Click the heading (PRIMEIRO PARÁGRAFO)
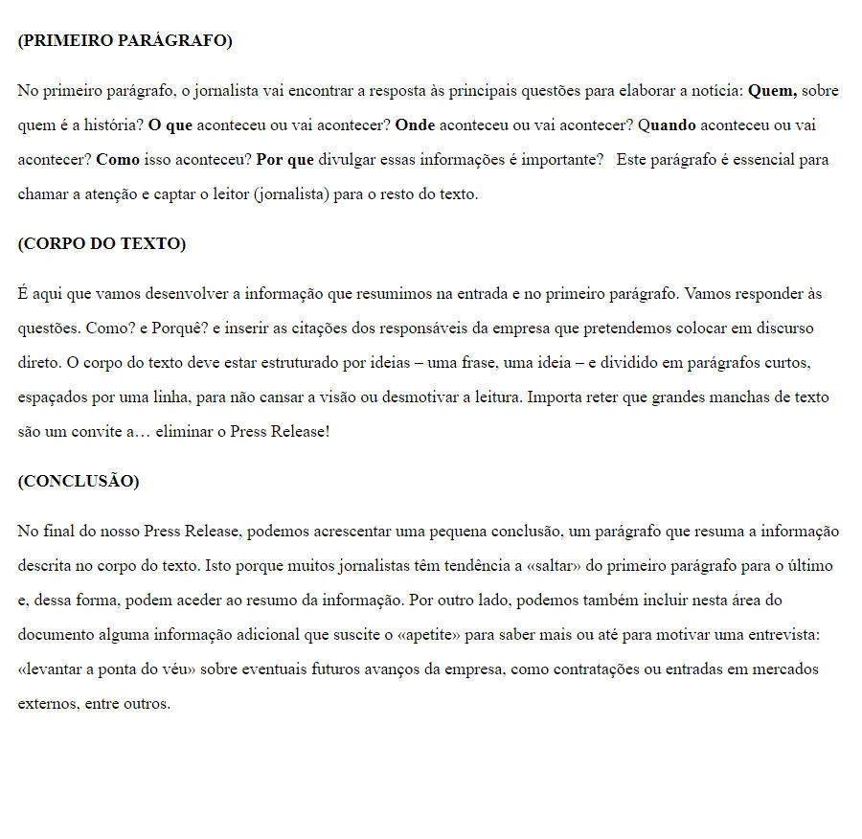(x=125, y=40)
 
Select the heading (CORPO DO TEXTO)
(x=102, y=243)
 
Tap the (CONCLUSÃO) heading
(x=78, y=481)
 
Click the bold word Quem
(x=772, y=91)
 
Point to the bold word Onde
(x=415, y=125)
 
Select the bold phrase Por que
(x=285, y=159)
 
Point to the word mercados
(x=785, y=669)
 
